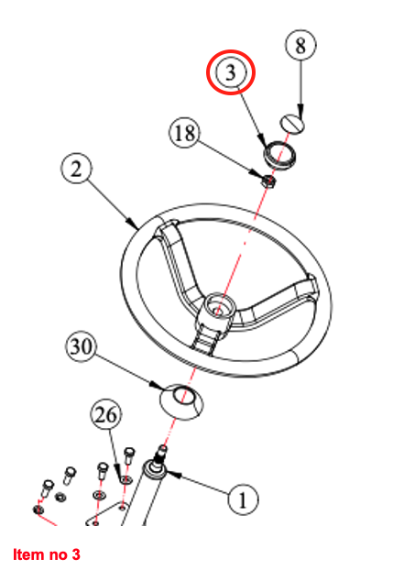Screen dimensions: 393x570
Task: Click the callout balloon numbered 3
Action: (x=231, y=72)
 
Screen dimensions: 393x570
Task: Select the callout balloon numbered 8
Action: (x=300, y=45)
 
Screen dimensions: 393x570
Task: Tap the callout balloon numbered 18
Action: (x=185, y=132)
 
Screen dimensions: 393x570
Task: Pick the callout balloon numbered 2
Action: (x=76, y=169)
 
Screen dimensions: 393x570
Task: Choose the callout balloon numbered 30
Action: (x=81, y=346)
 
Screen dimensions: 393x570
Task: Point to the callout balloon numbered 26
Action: (x=106, y=414)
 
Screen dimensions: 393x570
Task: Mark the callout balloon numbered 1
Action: (x=243, y=499)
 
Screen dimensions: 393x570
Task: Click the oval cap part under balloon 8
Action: (x=292, y=124)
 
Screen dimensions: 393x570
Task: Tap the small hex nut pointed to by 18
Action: (x=269, y=181)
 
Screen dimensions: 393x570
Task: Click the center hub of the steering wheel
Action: (x=217, y=308)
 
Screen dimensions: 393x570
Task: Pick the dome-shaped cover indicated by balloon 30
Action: (x=181, y=401)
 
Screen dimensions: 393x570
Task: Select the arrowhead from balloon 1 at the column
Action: (x=173, y=474)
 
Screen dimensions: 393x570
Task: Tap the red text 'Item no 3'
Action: (x=47, y=554)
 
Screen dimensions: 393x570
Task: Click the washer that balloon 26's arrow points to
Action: (x=126, y=480)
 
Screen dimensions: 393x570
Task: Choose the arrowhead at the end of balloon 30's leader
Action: (x=158, y=385)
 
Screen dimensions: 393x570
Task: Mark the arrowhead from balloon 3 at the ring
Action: (x=262, y=140)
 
